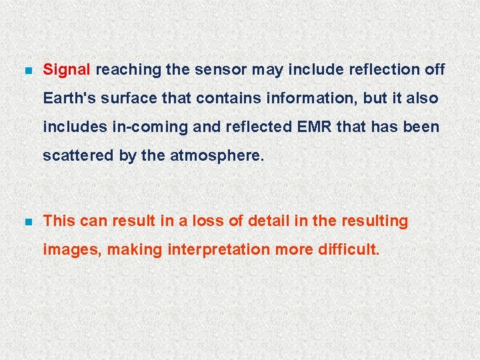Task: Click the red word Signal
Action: pyautogui.click(x=67, y=69)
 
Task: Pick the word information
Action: pyautogui.click(x=311, y=98)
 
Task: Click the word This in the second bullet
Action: pyautogui.click(x=59, y=221)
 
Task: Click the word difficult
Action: pyautogui.click(x=350, y=250)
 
